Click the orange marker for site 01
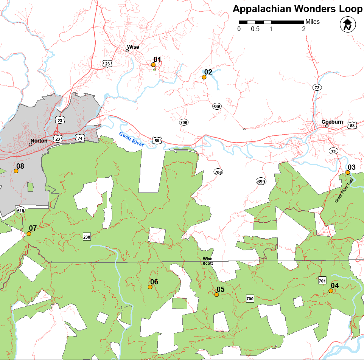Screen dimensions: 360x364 pos(153,65)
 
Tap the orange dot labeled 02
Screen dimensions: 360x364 pos(204,77)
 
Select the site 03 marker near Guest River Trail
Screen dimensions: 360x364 pos(347,172)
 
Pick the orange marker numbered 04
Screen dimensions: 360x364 pos(331,291)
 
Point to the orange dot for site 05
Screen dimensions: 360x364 pos(216,295)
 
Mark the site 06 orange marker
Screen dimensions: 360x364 pos(150,287)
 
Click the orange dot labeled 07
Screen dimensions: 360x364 pos(29,234)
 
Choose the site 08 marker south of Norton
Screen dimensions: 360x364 pos(16,171)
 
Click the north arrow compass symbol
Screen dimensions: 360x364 pos(347,25)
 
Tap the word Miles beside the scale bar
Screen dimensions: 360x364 pos(312,22)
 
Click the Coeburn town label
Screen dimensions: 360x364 pos(332,122)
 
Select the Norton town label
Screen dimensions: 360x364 pos(39,141)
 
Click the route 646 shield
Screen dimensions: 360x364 pos(216,107)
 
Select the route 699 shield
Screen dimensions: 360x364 pos(261,181)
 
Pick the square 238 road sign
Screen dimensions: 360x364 pos(87,237)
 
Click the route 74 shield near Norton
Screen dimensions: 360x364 pos(79,138)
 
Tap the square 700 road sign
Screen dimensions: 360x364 pos(250,298)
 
